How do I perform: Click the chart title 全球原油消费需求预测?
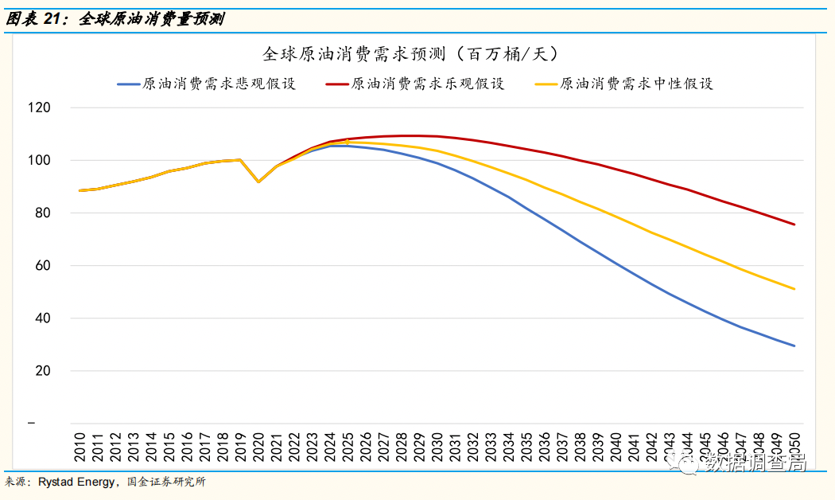click(x=411, y=54)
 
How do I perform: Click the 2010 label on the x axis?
click(x=80, y=446)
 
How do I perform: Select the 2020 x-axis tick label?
click(x=259, y=446)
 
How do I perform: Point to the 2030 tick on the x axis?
click(x=437, y=446)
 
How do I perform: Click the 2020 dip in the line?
click(x=258, y=182)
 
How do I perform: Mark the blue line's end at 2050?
click(x=794, y=346)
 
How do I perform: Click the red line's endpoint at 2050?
click(x=794, y=225)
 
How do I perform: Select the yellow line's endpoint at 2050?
click(x=794, y=289)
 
